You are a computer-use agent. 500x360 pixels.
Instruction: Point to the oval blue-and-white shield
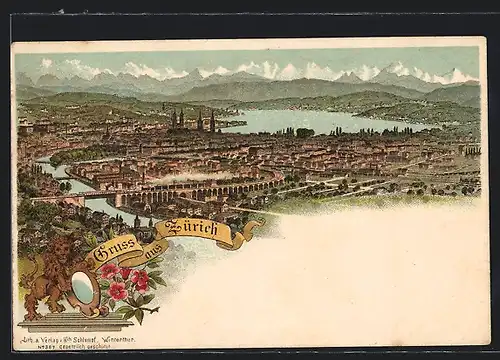[x=86, y=290]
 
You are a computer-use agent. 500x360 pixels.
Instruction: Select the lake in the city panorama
[x=310, y=121]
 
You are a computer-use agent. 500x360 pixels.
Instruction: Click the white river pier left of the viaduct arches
[x=119, y=199]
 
